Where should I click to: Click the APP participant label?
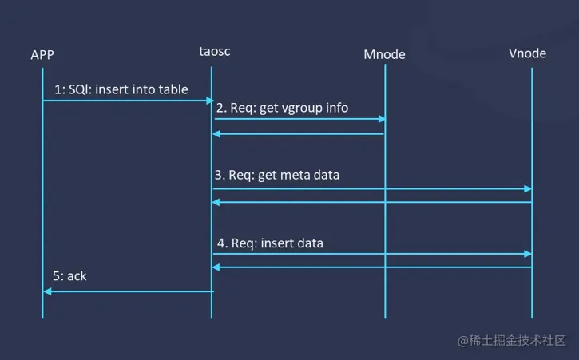[x=42, y=55]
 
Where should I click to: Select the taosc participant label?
[x=215, y=52]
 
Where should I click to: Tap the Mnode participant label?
[x=384, y=54]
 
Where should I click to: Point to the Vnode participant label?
[x=527, y=53]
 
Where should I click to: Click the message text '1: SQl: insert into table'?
[x=121, y=89]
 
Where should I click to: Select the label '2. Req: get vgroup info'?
[x=284, y=108]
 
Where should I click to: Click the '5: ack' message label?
[x=70, y=275]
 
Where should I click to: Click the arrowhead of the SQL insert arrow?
[x=209, y=101]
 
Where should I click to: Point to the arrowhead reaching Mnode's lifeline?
[x=381, y=119]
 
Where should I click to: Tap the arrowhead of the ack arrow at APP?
[x=47, y=291]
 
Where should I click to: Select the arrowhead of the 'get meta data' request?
[x=527, y=188]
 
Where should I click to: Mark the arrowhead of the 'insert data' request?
[x=527, y=254]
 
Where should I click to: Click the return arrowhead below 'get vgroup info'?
[x=216, y=134]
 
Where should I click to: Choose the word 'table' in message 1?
[x=173, y=89]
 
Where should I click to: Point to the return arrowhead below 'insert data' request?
[x=216, y=267]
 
